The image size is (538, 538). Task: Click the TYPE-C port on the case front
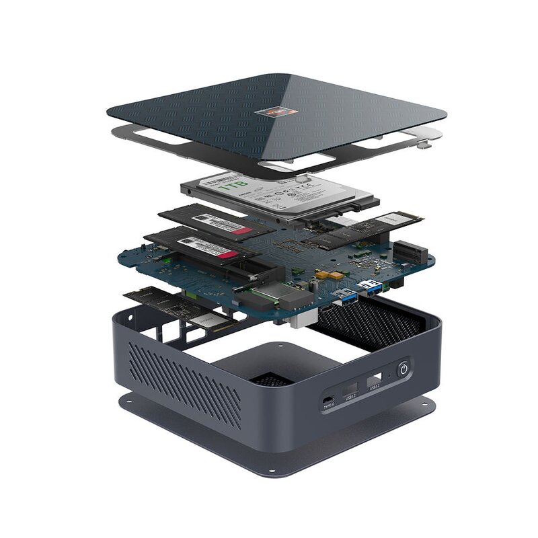[328, 396]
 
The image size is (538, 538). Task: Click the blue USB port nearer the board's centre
[345, 295]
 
